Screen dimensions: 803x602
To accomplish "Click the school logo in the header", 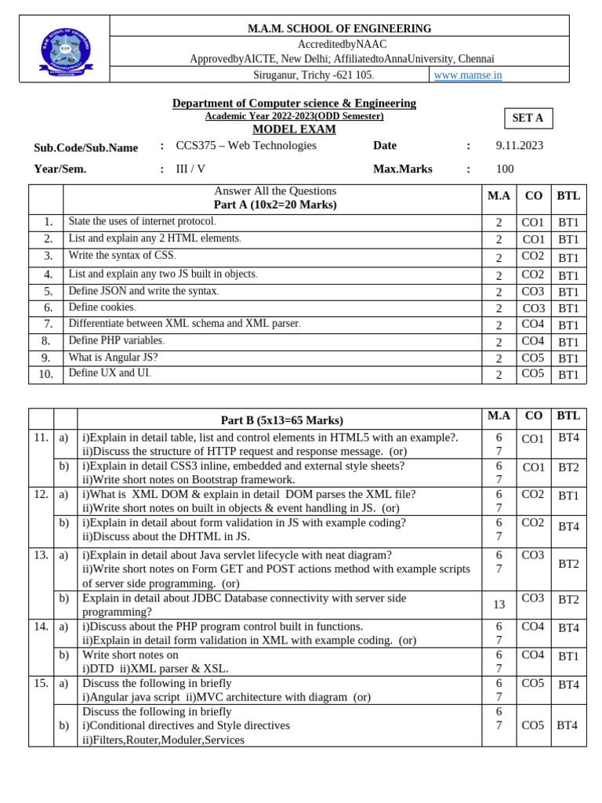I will pyautogui.click(x=65, y=50).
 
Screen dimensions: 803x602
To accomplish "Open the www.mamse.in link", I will pyautogui.click(x=467, y=75).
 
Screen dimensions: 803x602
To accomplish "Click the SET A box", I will pyautogui.click(x=528, y=118).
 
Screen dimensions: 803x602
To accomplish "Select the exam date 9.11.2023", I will pyautogui.click(x=519, y=146).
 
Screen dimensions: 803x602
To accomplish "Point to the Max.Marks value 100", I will pyautogui.click(x=505, y=169).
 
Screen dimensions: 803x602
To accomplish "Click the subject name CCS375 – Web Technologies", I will pyautogui.click(x=246, y=146).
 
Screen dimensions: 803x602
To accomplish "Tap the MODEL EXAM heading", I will pyautogui.click(x=294, y=129).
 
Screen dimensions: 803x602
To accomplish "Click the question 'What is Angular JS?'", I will pyautogui.click(x=113, y=358).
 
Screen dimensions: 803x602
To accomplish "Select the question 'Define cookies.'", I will pyautogui.click(x=102, y=307).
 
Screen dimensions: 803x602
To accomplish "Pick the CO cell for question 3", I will pyautogui.click(x=533, y=256).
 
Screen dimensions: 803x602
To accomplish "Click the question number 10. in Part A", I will pyautogui.click(x=45, y=374).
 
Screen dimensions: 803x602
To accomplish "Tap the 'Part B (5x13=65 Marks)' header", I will pyautogui.click(x=281, y=420).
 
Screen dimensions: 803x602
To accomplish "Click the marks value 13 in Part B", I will pyautogui.click(x=499, y=605).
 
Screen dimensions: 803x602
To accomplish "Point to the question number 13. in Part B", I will pyautogui.click(x=41, y=555).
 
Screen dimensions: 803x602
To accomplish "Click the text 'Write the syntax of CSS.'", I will pyautogui.click(x=122, y=256).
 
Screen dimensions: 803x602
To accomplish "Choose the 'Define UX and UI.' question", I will pyautogui.click(x=110, y=373).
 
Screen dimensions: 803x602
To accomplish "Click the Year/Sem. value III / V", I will pyautogui.click(x=190, y=169).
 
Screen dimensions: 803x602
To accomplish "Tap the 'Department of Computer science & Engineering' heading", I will pyautogui.click(x=294, y=104).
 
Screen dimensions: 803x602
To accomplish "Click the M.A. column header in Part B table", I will pyautogui.click(x=499, y=416).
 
